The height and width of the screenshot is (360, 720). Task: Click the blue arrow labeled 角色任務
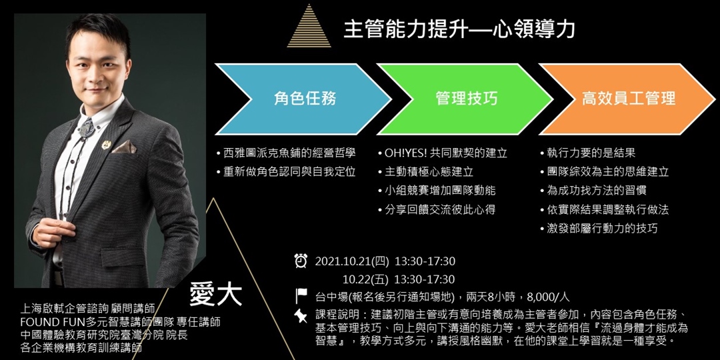tap(304, 99)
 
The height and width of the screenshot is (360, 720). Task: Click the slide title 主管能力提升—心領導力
tap(459, 29)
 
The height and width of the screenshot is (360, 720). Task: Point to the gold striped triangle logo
tap(309, 28)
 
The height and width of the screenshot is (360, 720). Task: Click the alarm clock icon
tap(301, 261)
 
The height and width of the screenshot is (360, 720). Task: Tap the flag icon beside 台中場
tap(301, 297)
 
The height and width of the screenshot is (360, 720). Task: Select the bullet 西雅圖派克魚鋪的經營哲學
tap(289, 153)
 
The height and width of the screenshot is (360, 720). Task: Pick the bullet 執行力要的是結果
tap(587, 153)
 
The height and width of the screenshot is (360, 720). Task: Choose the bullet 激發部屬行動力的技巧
tap(599, 228)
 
